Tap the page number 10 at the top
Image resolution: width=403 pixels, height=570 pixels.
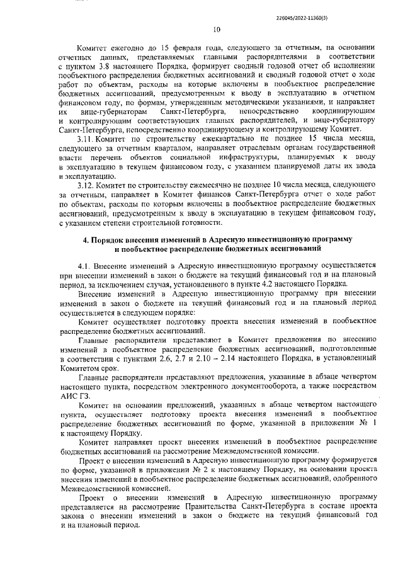pyautogui.click(x=217, y=29)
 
